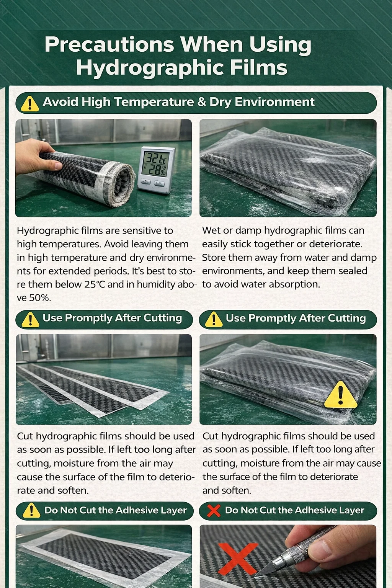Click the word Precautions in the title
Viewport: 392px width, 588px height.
109,44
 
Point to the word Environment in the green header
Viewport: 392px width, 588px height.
274,102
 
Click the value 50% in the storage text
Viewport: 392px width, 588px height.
40,298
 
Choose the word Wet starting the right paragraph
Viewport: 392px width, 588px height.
211,230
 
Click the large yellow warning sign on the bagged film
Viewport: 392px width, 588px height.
341,395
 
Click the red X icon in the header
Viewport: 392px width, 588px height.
214,511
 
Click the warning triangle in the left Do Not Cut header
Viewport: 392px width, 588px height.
31,511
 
